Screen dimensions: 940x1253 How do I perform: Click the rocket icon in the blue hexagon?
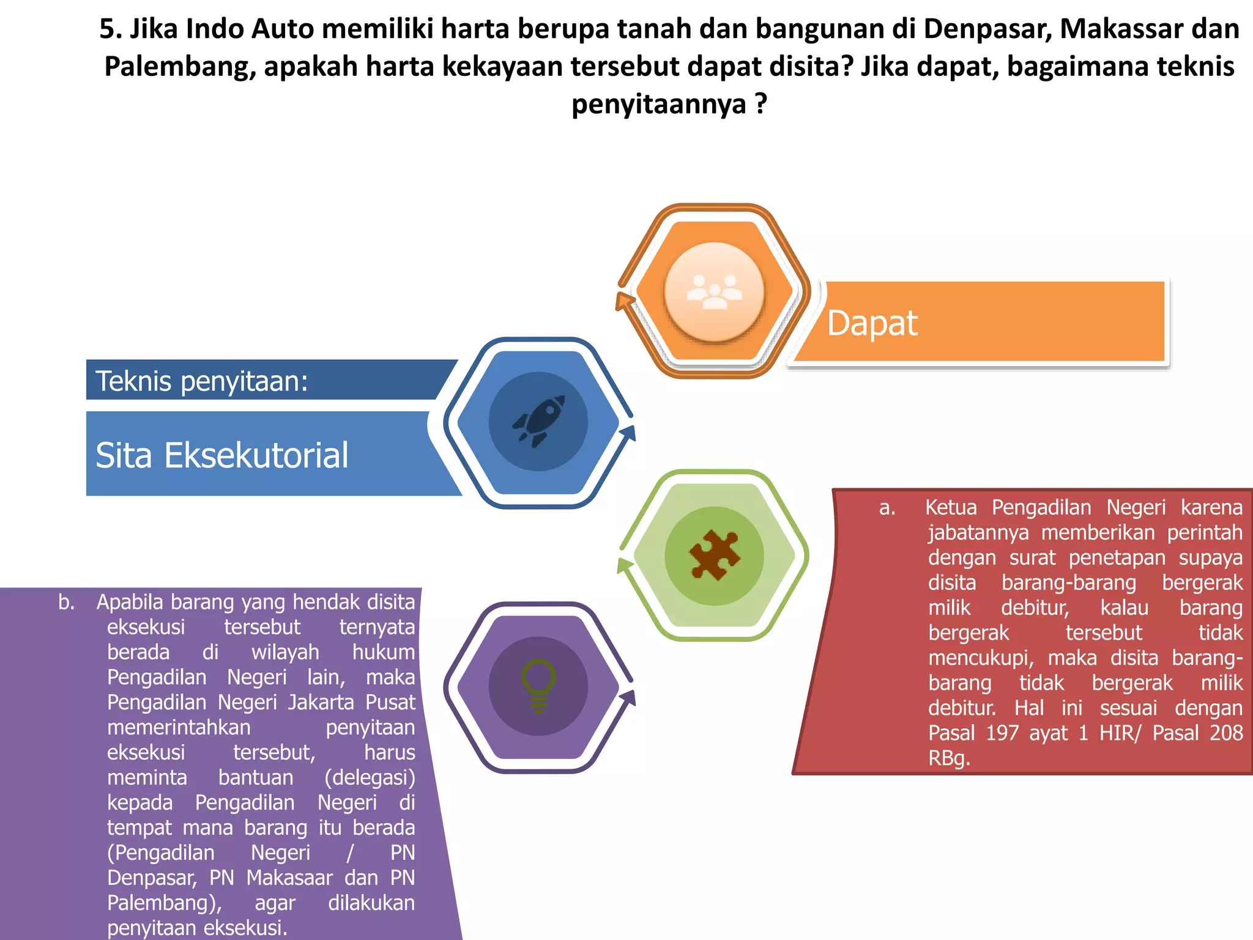click(538, 421)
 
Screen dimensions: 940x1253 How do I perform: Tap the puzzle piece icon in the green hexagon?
click(714, 555)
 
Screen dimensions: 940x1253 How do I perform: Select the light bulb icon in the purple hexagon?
click(538, 685)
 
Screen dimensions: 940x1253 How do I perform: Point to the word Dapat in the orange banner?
click(872, 323)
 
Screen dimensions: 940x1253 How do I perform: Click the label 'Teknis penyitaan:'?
click(202, 381)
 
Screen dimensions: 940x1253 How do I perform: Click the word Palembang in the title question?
click(179, 66)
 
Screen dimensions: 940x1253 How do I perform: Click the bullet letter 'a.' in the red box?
click(887, 507)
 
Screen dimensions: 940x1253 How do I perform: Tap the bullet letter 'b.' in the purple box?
click(66, 602)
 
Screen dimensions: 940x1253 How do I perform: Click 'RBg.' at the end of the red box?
click(949, 758)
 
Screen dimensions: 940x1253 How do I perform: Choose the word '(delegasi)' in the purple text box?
click(370, 777)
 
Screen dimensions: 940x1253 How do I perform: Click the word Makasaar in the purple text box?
click(289, 878)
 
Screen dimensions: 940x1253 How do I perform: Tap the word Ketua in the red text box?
click(951, 507)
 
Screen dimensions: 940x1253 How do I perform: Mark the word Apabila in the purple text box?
click(130, 602)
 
